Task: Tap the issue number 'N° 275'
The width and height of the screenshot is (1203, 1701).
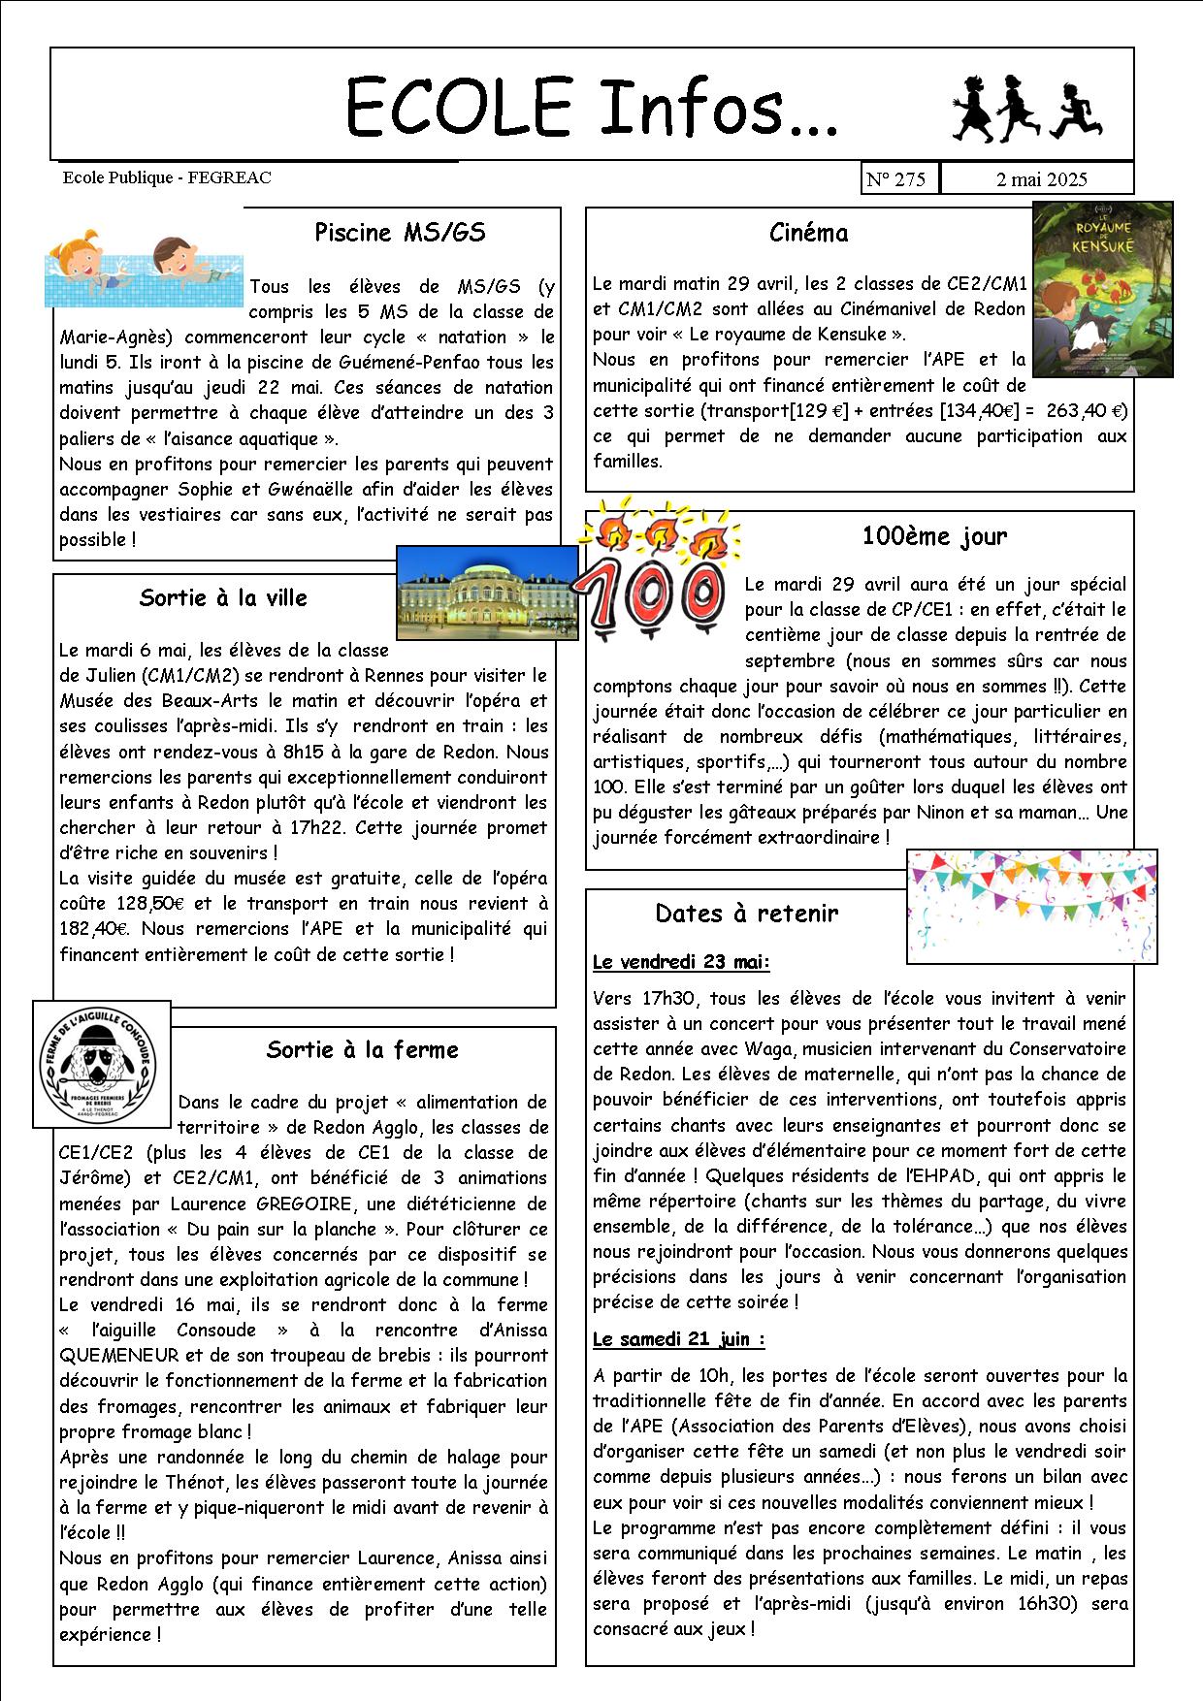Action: [896, 179]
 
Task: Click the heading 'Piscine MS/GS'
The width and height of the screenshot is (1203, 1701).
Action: [400, 233]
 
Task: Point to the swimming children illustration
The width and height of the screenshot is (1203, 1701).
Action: [145, 271]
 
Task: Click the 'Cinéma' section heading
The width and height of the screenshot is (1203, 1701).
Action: [808, 233]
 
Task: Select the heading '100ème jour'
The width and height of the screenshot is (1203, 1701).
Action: [934, 536]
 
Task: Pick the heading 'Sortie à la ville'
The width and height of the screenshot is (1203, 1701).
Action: [223, 597]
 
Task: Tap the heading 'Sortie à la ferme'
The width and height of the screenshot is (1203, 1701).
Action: [362, 1050]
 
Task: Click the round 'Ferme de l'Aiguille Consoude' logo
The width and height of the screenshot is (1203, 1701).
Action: [101, 1064]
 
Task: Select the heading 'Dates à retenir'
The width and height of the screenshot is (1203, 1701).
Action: [746, 914]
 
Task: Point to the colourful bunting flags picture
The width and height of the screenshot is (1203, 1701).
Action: [1031, 905]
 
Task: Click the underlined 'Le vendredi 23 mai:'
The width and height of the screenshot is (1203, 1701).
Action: [681, 963]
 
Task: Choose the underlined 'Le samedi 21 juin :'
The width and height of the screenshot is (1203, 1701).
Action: [678, 1339]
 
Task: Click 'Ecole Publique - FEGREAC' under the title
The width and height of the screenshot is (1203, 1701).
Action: [167, 177]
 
